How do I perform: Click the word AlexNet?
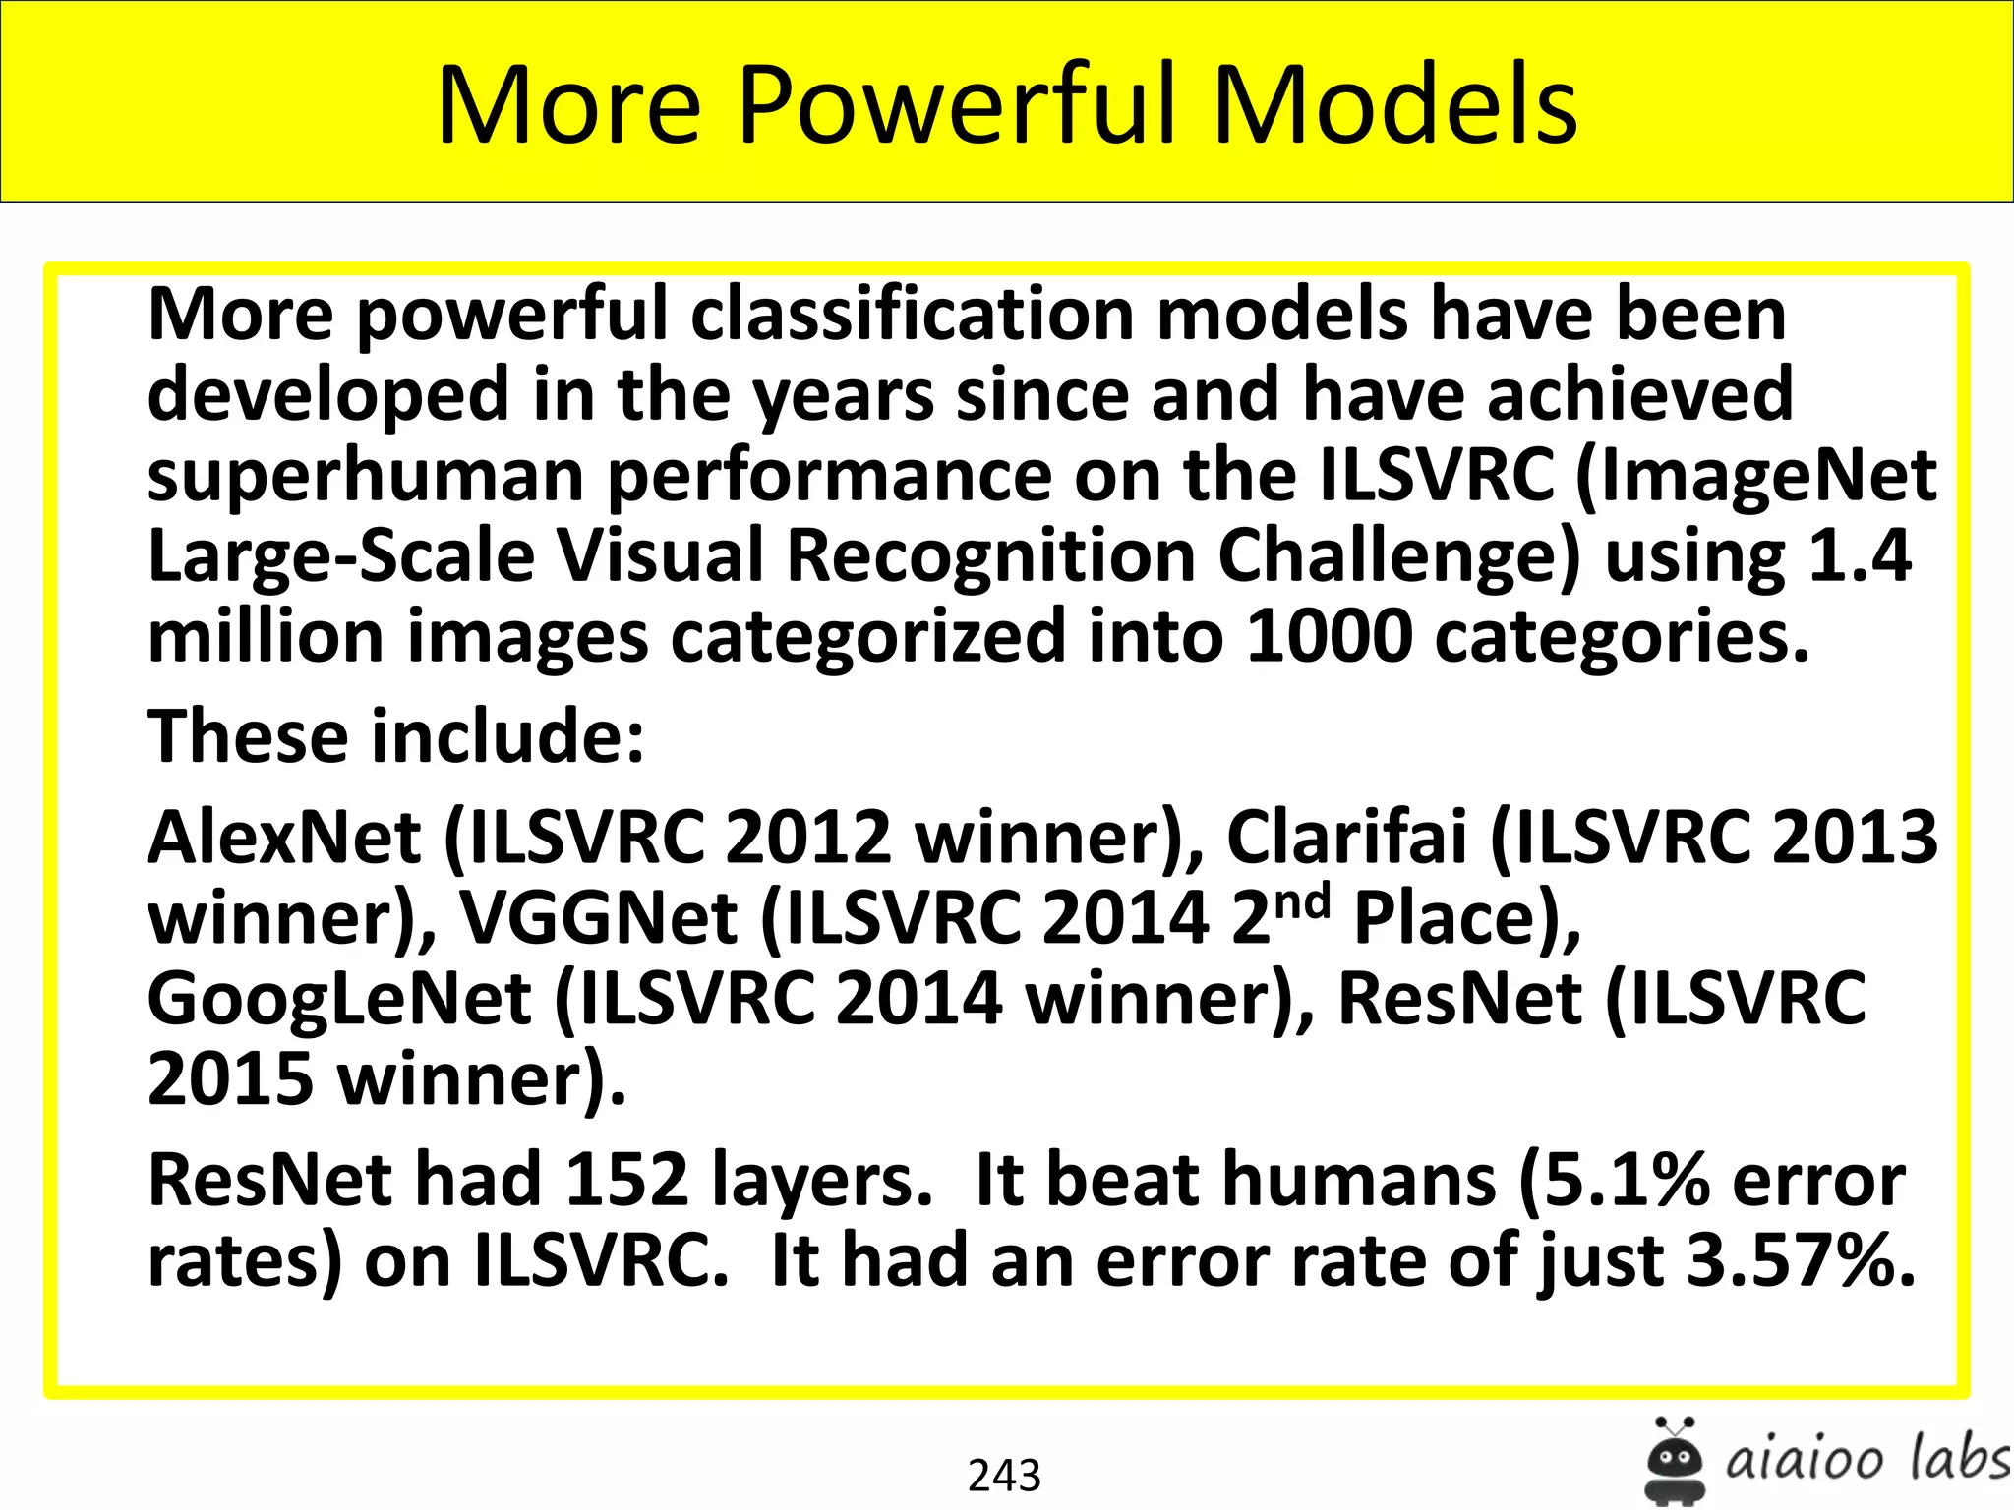284,838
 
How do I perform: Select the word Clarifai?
1346,838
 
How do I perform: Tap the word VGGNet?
599,918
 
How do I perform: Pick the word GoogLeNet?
339,999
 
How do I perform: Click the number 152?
626,1179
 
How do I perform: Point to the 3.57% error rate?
1801,1260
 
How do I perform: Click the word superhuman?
365,476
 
